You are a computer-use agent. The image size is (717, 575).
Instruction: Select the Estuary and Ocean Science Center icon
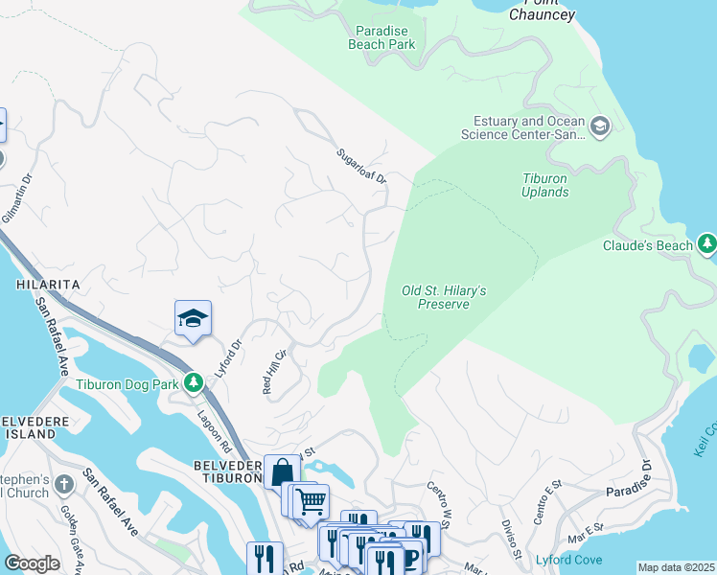click(600, 126)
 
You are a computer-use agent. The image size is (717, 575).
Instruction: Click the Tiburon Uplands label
click(545, 185)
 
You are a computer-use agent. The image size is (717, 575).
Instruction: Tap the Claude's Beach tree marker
click(707, 244)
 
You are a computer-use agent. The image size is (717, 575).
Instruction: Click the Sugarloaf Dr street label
click(360, 166)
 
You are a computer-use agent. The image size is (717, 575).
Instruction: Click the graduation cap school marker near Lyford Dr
click(193, 319)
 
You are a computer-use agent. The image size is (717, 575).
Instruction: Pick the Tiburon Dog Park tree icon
click(194, 383)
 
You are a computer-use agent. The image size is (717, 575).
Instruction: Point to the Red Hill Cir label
click(274, 372)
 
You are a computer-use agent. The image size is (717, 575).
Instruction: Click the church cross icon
click(64, 484)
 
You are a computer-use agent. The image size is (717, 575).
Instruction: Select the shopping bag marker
click(282, 471)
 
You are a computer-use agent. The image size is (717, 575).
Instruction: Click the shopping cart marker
click(311, 500)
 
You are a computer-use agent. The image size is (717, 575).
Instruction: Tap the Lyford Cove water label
click(569, 560)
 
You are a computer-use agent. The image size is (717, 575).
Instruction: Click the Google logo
click(32, 563)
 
